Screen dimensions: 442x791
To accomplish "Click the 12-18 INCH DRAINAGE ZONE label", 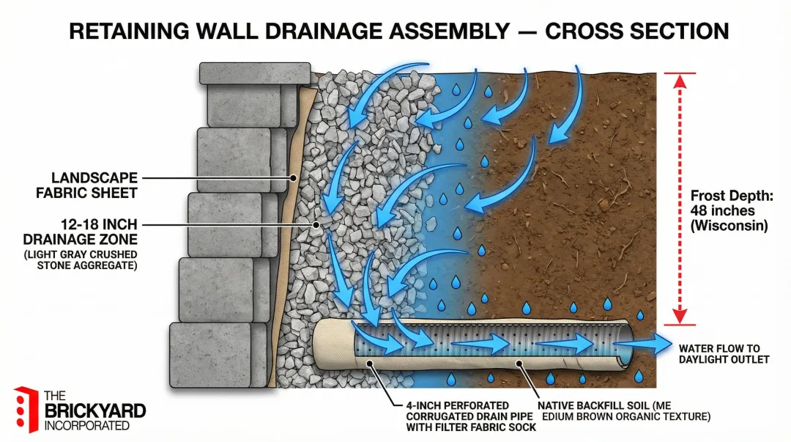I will click(x=86, y=232).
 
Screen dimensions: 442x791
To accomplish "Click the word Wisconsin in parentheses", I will click(x=729, y=226).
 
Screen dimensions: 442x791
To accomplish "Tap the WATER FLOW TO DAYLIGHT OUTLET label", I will click(x=724, y=353).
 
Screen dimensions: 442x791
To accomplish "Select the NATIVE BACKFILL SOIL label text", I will click(x=623, y=410).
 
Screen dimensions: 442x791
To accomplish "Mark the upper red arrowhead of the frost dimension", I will click(x=679, y=80).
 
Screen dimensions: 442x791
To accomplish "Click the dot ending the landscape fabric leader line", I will click(x=293, y=177).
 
